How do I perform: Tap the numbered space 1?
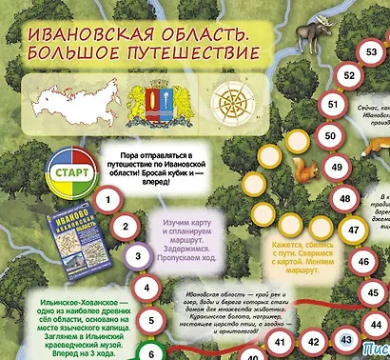click(111, 201)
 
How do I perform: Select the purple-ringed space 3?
click(138, 255)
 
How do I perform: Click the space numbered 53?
click(365, 52)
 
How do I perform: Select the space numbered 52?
click(349, 75)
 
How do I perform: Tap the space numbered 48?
click(344, 198)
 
